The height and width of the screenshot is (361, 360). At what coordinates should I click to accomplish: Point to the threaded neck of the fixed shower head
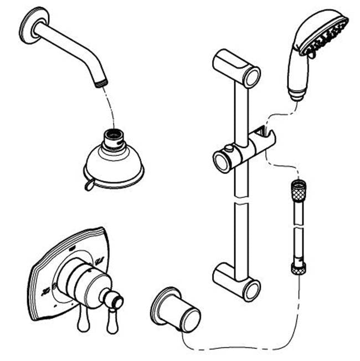click(x=114, y=136)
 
